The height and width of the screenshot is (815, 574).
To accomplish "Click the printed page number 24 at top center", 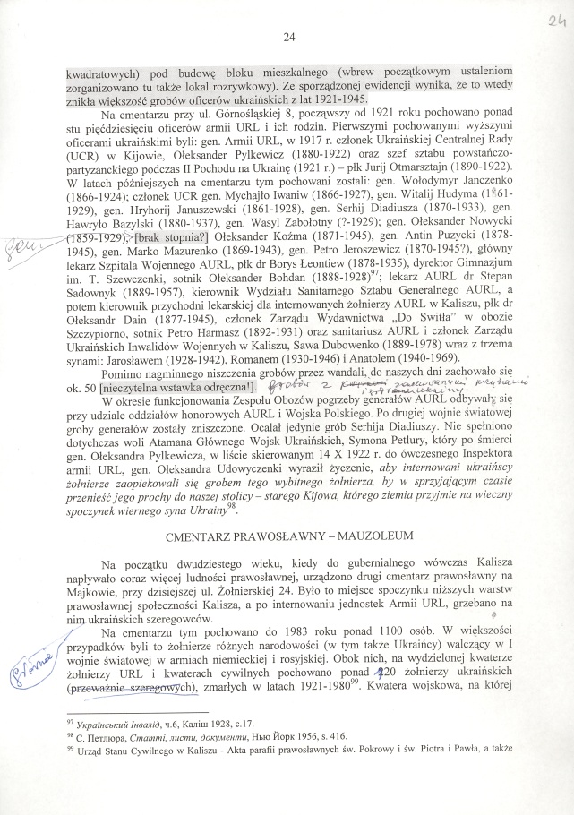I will click(287, 37).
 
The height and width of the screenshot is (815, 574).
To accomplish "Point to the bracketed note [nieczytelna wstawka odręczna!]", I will click(177, 362).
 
